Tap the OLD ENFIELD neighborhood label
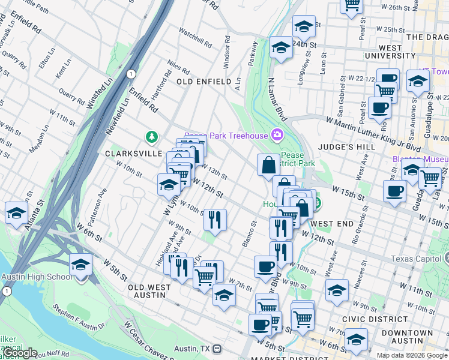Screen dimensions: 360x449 (x=203, y=81)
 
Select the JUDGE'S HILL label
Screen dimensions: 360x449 (x=349, y=146)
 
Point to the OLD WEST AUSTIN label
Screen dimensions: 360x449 (x=147, y=291)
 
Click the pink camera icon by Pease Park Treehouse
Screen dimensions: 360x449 (x=277, y=135)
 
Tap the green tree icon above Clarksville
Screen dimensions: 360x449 (x=152, y=136)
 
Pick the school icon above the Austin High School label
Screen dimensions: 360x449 (x=80, y=265)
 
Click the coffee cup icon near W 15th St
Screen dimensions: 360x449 (x=394, y=191)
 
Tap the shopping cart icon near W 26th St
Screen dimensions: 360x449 (x=352, y=5)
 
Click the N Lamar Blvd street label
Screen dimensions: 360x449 (x=277, y=98)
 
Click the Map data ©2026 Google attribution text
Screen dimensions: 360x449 (x=412, y=355)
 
